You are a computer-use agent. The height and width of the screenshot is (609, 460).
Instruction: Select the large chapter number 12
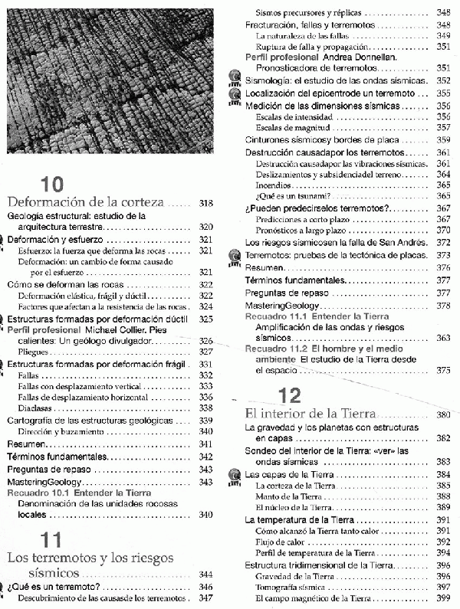coord(292,396)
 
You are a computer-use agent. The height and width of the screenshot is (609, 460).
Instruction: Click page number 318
coord(205,204)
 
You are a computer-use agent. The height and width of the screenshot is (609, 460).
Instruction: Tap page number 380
coord(442,415)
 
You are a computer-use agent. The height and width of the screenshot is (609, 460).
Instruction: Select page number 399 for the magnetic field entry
coord(442,598)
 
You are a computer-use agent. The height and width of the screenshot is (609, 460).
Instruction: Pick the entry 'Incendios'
coord(272,185)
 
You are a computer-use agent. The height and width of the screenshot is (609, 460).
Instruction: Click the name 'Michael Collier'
coord(104,329)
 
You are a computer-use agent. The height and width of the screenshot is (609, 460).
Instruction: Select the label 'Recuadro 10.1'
coord(37,493)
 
